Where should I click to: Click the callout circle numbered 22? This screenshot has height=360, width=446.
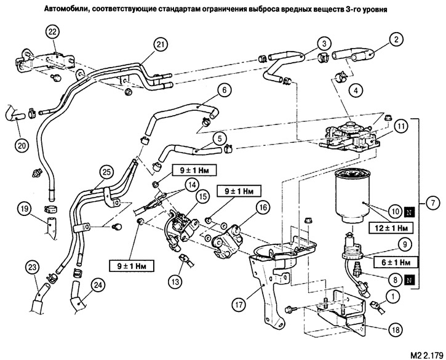[53, 32]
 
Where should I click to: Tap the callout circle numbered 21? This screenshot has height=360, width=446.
[161, 45]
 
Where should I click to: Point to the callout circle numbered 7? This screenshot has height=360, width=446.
[432, 203]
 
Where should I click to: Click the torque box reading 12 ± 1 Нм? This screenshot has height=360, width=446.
[391, 228]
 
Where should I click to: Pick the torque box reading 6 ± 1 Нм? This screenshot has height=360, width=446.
[396, 262]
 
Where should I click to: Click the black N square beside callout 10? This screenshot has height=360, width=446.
[409, 212]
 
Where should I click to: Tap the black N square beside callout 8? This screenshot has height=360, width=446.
[409, 281]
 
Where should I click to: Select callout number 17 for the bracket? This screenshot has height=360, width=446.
[239, 305]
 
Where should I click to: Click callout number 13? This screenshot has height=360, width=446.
[175, 282]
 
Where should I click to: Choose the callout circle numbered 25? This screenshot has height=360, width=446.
[107, 172]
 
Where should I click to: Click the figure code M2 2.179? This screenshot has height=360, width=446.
[427, 355]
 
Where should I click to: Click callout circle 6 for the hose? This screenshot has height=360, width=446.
[224, 90]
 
